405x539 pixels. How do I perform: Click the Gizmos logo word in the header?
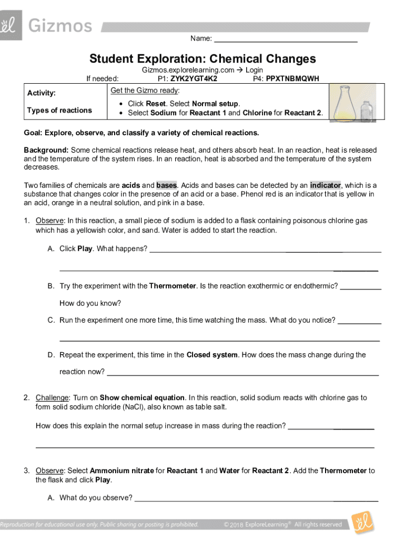point(60,25)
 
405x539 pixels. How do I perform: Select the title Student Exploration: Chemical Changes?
point(202,58)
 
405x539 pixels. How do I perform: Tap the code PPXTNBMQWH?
point(292,78)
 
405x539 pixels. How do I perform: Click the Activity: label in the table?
point(42,93)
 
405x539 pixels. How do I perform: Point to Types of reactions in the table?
point(59,110)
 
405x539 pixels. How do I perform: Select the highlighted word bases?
point(167,185)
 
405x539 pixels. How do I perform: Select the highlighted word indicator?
point(326,185)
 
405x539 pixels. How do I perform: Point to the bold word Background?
point(46,150)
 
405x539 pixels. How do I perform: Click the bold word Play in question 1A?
point(85,248)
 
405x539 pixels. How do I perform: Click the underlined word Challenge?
point(52,397)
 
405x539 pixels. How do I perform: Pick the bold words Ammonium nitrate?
point(122,471)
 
